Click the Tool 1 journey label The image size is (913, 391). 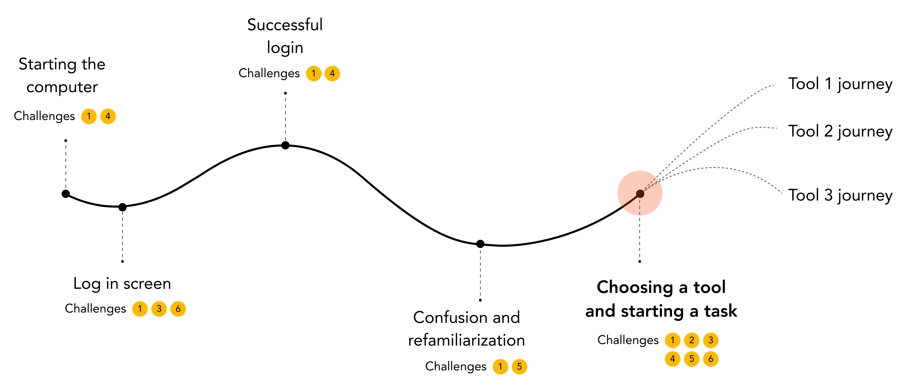(840, 84)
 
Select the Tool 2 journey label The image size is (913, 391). (840, 132)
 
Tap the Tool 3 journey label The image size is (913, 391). (840, 196)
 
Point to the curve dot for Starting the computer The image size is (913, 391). (65, 194)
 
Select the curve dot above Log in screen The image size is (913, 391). (122, 207)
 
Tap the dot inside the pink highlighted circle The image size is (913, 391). (640, 194)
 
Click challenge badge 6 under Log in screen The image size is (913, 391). (178, 309)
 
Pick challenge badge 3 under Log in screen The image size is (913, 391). (159, 309)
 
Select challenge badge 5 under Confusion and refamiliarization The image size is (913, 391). (519, 366)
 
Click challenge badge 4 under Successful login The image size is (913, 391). (332, 74)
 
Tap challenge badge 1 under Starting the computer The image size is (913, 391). (89, 116)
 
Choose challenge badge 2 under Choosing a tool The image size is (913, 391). (692, 340)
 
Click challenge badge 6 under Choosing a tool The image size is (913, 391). (711, 359)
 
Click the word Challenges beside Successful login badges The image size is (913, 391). (269, 74)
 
